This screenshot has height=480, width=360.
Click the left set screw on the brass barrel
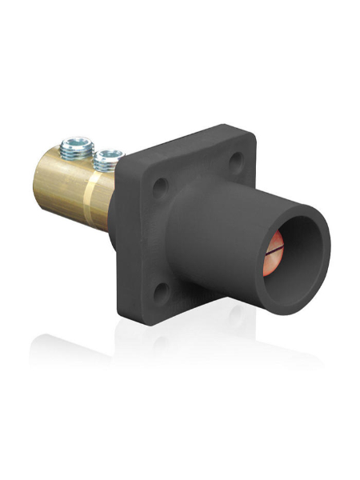(77, 146)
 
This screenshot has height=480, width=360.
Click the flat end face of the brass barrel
(40, 180)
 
